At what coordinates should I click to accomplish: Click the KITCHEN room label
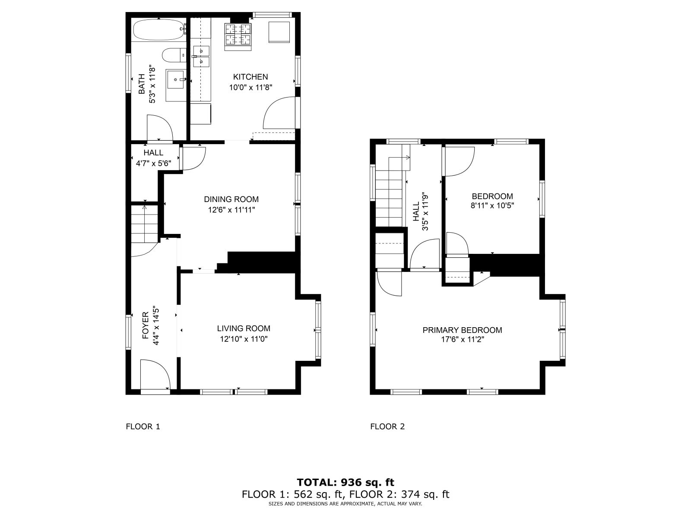pyautogui.click(x=250, y=77)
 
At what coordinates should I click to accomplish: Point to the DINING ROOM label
pyautogui.click(x=231, y=199)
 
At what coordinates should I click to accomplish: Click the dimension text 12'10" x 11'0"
pyautogui.click(x=244, y=339)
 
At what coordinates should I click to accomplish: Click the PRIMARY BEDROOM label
pyautogui.click(x=462, y=330)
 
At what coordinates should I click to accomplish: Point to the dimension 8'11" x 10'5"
pyautogui.click(x=492, y=206)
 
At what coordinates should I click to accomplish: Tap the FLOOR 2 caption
pyautogui.click(x=387, y=426)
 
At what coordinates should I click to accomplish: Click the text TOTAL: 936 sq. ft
pyautogui.click(x=345, y=482)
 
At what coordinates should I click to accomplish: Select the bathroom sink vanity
pyautogui.click(x=176, y=80)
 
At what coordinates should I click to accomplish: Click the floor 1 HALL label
pyautogui.click(x=153, y=153)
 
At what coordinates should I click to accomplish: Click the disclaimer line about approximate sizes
pyautogui.click(x=345, y=504)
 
